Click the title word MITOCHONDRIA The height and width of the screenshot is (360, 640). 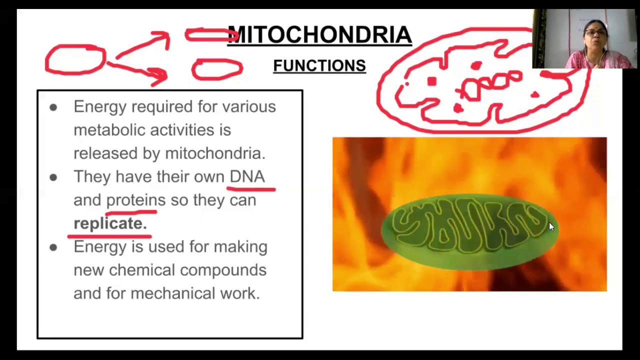pyautogui.click(x=320, y=35)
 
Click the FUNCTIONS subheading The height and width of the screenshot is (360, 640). pyautogui.click(x=319, y=65)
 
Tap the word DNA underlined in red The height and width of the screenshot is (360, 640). pyautogui.click(x=247, y=176)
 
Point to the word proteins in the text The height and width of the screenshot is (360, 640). pyautogui.click(x=135, y=200)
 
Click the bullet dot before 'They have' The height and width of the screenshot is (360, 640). pyautogui.click(x=53, y=177)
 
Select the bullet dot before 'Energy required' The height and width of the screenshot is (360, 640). pyautogui.click(x=53, y=107)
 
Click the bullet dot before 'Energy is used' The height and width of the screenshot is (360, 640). pyautogui.click(x=53, y=247)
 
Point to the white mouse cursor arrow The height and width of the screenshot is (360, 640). pyautogui.click(x=551, y=226)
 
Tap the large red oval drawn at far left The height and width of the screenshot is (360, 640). pyautogui.click(x=75, y=60)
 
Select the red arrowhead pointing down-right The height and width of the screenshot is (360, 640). pyautogui.click(x=160, y=76)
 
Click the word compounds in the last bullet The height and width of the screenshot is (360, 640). pyautogui.click(x=223, y=270)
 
